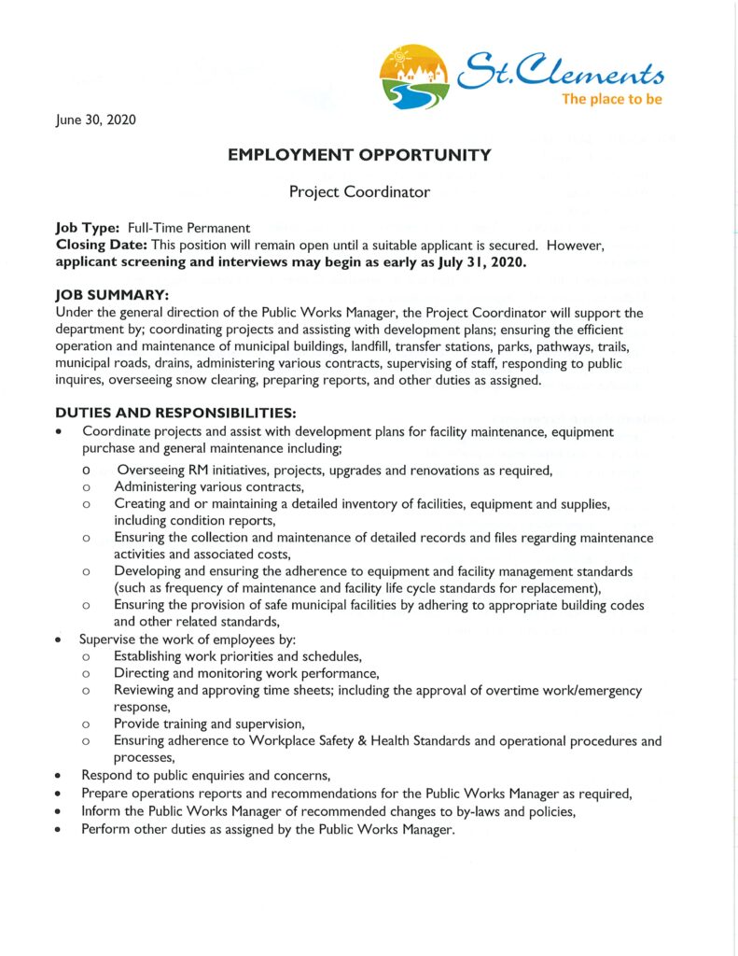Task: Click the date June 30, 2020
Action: point(95,119)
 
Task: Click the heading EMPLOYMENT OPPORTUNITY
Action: point(359,155)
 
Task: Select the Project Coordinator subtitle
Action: point(359,191)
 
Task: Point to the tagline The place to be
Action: point(611,99)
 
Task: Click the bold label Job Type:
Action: point(87,228)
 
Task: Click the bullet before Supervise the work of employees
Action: point(60,640)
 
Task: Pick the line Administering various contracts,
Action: point(209,486)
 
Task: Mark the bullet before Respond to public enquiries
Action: point(60,776)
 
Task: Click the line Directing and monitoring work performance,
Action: point(246,673)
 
